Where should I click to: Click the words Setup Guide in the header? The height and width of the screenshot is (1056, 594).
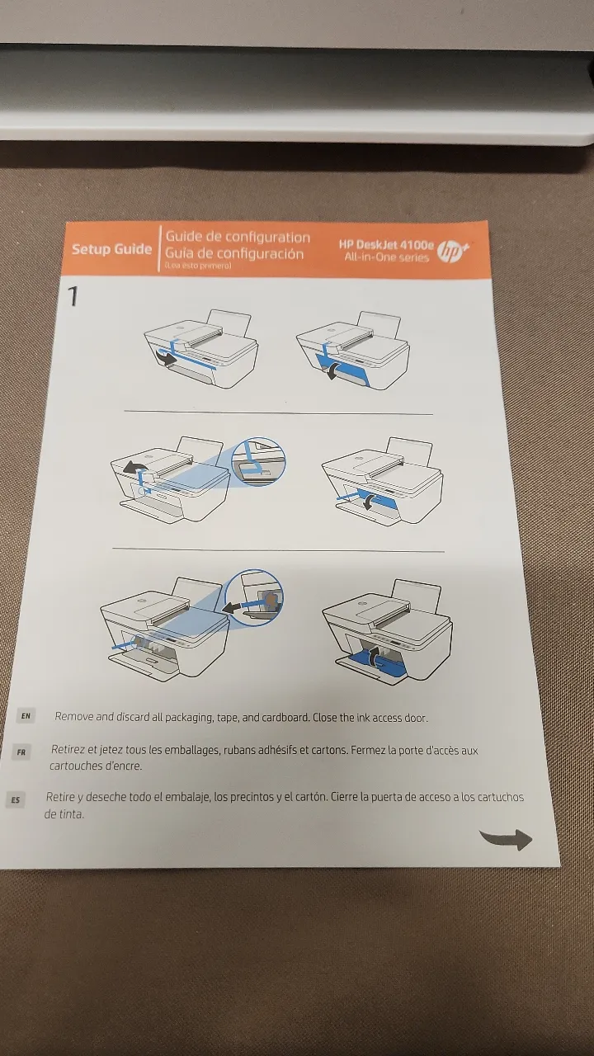point(111,249)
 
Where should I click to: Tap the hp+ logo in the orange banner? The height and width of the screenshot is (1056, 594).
point(453,252)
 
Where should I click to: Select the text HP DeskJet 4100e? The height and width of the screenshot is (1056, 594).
point(385,245)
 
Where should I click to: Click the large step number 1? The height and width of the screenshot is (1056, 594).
point(73,296)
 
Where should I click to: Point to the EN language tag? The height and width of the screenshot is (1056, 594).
point(26,715)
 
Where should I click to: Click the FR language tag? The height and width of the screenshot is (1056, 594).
point(21,752)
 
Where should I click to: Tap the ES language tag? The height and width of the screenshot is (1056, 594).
point(16,800)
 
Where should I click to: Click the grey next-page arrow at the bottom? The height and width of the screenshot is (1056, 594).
point(507,839)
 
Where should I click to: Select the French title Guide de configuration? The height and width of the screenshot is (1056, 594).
point(238,237)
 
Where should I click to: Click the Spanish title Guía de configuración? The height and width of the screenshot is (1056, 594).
point(234,253)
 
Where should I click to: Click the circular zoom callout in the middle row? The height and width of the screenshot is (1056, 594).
point(259,461)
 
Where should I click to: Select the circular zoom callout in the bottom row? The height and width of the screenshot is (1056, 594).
point(254,597)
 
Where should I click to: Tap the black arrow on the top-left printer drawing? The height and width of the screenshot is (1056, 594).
point(166,357)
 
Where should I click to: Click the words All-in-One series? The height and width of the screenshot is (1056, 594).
point(387,257)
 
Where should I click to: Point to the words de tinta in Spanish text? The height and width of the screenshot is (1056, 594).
point(64,814)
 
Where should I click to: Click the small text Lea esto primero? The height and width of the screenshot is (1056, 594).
point(198,266)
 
